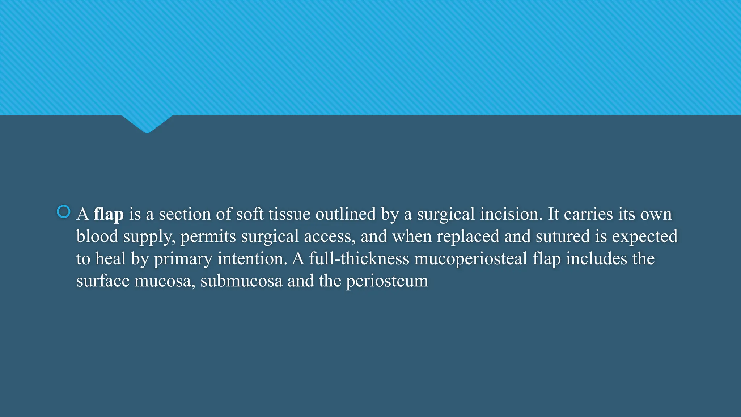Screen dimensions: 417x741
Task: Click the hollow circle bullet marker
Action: [x=64, y=212]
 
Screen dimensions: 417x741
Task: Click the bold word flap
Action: [x=109, y=214]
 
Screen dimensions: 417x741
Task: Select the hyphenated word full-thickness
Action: [x=359, y=259]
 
